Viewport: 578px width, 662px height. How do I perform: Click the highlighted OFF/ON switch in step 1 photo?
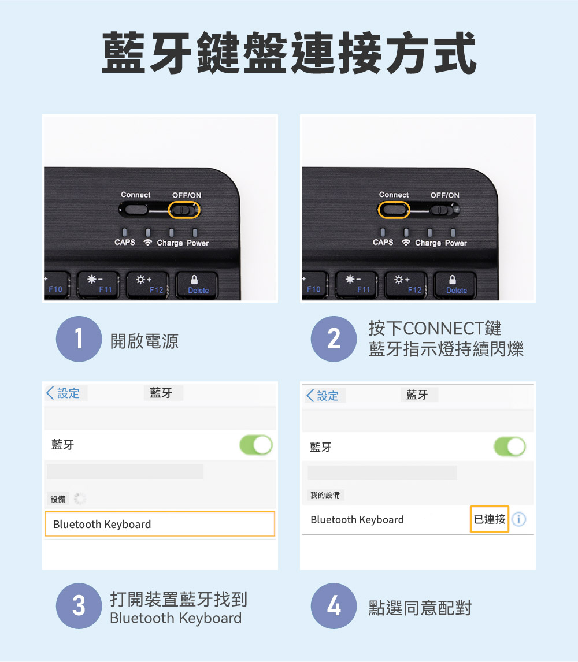(x=184, y=210)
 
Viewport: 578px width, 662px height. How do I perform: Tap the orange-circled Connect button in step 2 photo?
(x=394, y=210)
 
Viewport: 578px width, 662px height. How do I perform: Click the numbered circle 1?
(x=79, y=339)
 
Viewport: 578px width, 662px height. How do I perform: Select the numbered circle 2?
(x=334, y=339)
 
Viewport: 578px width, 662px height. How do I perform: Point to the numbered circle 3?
(x=79, y=606)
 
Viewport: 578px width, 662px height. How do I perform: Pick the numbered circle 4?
(x=334, y=606)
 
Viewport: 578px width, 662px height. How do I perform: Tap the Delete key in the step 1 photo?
(x=197, y=285)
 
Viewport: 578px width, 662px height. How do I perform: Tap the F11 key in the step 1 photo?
(x=98, y=285)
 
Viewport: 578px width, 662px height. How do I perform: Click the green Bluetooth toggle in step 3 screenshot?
(x=256, y=445)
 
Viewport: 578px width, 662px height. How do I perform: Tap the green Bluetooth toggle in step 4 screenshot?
(x=510, y=447)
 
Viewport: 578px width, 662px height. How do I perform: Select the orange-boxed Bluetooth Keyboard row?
(x=160, y=524)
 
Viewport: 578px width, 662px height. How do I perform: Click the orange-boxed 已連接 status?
(x=489, y=519)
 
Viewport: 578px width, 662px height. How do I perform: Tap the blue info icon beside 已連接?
(x=519, y=519)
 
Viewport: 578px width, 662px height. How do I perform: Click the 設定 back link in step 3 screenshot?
(x=64, y=393)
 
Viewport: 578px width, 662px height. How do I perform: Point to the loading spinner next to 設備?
(x=79, y=499)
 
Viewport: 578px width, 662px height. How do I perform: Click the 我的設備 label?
(x=325, y=495)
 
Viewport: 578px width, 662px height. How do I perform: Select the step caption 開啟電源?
(x=144, y=341)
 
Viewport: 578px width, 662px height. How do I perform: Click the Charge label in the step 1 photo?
(x=170, y=243)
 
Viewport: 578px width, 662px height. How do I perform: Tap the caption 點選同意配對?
(x=420, y=608)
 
